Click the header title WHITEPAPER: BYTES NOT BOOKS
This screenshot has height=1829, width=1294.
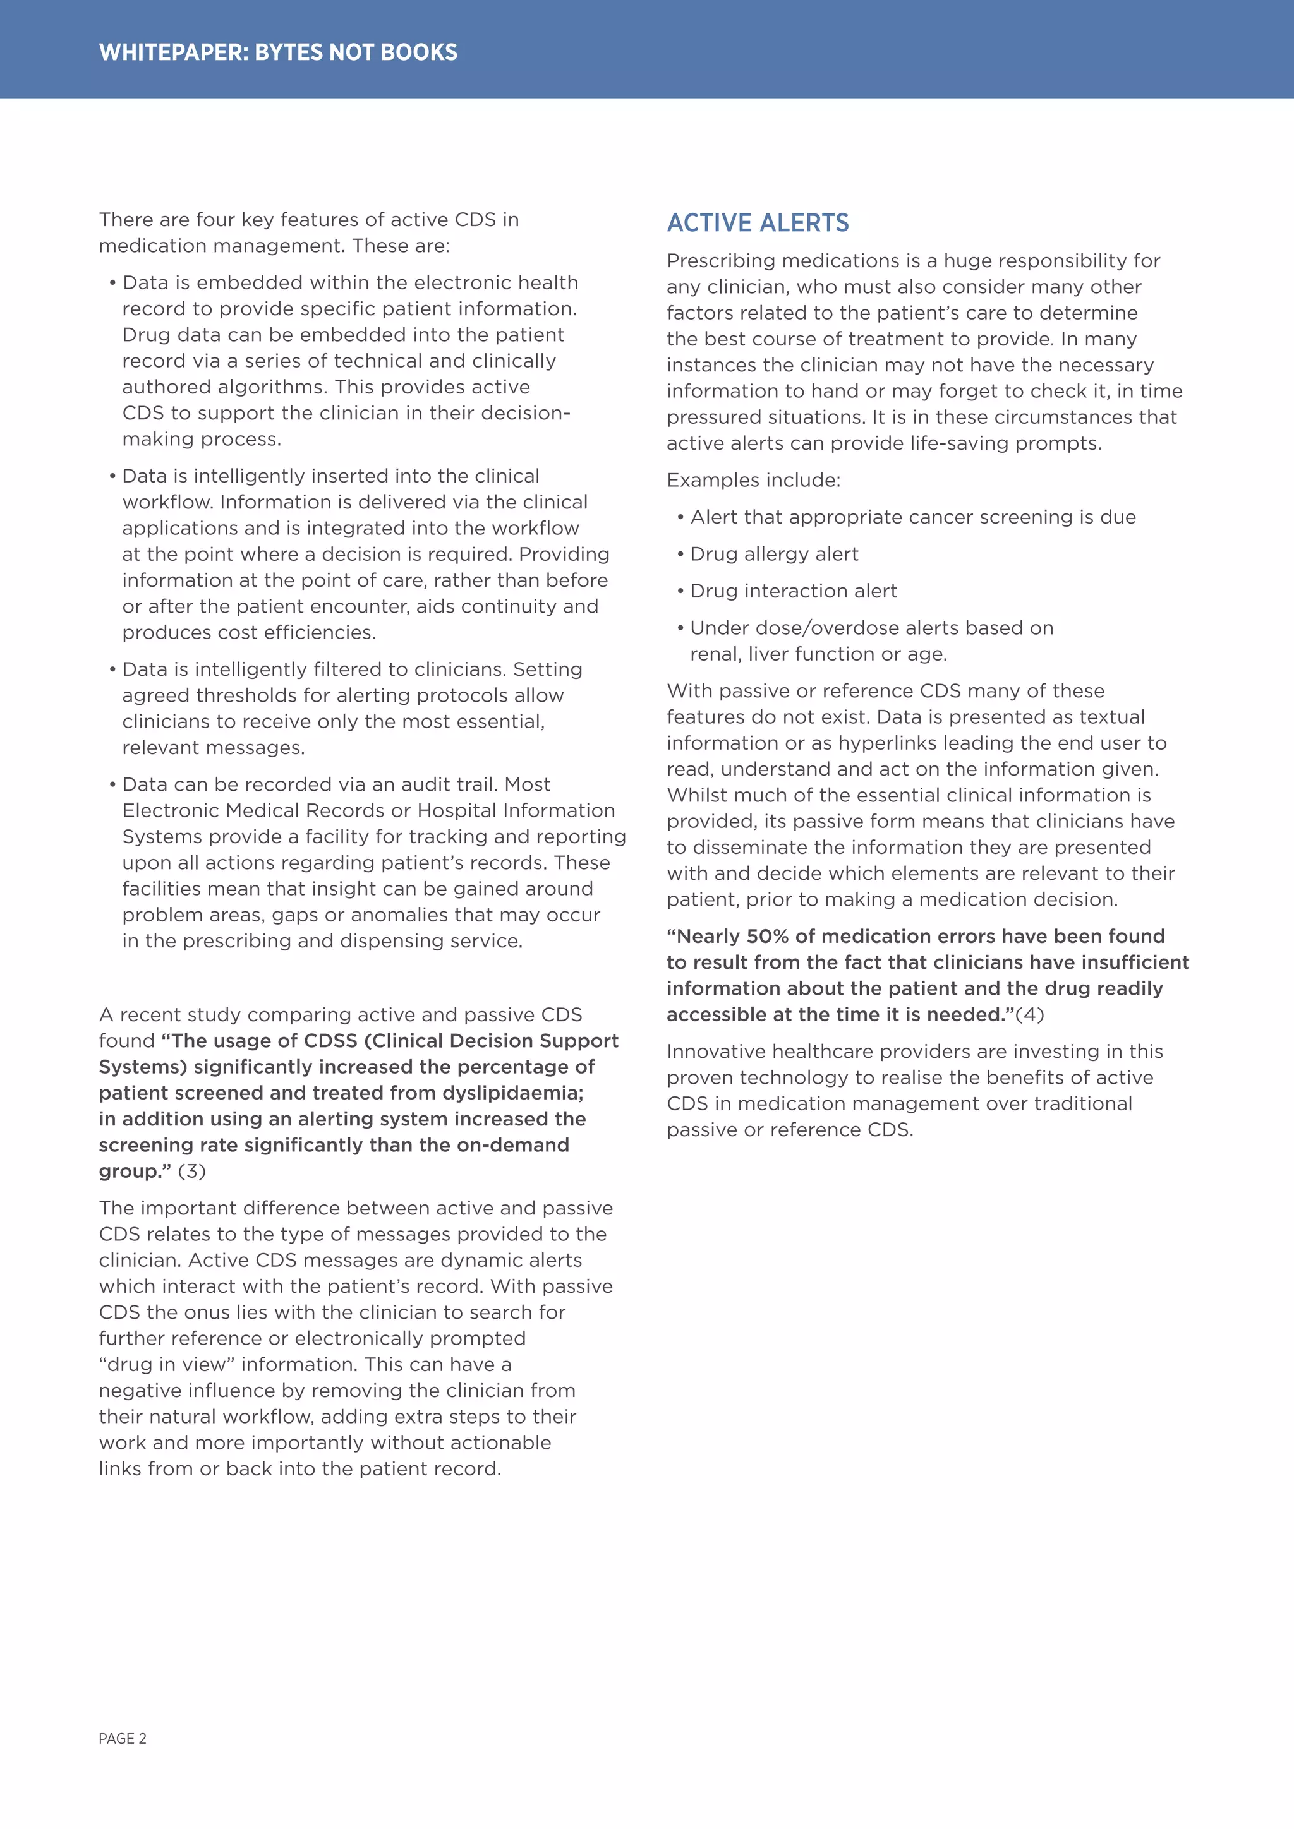coord(278,52)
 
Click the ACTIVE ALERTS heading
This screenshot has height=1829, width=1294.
coord(758,223)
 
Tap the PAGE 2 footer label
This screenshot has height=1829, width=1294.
coord(123,1738)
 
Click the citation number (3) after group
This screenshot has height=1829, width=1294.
coord(192,1171)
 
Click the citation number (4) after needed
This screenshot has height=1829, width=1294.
coord(1029,1014)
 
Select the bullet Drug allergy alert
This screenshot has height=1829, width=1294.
coord(774,554)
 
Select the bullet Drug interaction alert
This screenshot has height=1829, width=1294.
coord(793,591)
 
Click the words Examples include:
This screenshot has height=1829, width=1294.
coord(753,481)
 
